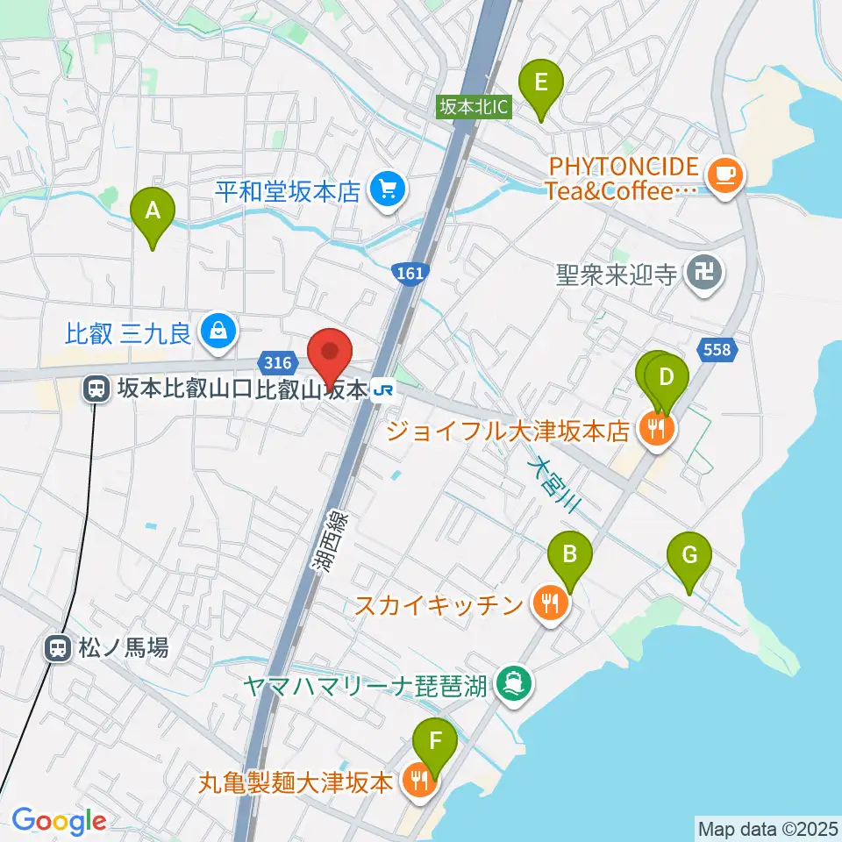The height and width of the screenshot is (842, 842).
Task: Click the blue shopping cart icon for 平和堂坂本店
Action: pos(385,189)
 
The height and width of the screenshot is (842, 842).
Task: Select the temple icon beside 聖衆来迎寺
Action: pos(704,274)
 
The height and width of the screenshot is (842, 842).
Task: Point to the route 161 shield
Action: pos(409,274)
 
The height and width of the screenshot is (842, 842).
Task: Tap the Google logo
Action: pos(59,821)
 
